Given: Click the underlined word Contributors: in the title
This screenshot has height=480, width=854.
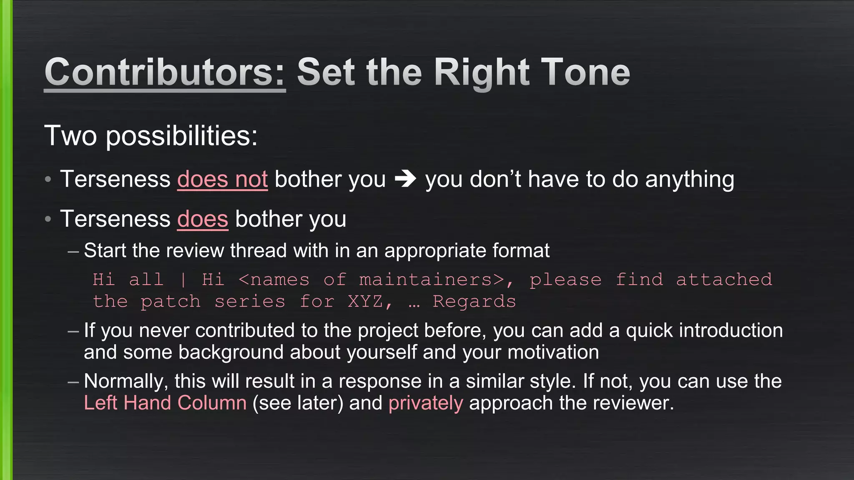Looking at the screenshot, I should pos(165,72).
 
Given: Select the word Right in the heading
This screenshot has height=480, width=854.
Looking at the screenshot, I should pos(482,72).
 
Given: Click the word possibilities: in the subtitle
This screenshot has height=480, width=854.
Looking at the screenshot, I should pos(182,136).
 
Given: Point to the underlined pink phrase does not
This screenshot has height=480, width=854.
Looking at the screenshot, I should pos(222,180).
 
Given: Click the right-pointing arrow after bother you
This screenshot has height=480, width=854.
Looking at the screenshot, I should pos(405,179).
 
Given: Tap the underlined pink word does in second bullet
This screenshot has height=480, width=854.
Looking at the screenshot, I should pos(203,219).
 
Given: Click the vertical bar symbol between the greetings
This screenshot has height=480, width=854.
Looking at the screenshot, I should pos(183,280).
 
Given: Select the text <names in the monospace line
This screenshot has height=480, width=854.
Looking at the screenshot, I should pos(274,280).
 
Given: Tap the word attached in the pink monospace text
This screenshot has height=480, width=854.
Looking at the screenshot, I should pos(724,280).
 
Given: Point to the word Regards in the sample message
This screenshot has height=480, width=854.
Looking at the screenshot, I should pos(474,301).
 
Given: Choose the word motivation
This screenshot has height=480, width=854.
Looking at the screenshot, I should pos(553,352).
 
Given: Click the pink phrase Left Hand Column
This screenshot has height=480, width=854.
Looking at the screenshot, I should pos(165,403).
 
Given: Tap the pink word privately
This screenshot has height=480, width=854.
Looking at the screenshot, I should pos(425,403).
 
